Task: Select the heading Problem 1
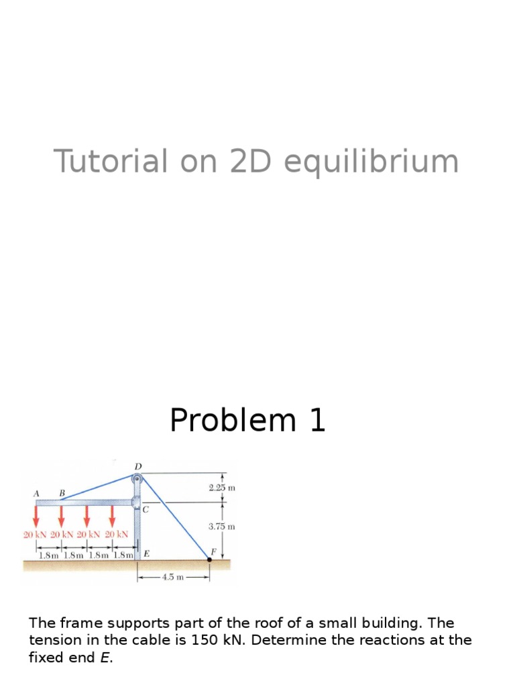247,421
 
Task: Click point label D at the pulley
137,466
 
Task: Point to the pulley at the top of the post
137,478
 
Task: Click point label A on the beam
36,493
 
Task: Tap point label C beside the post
145,510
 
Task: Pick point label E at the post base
147,554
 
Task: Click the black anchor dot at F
210,559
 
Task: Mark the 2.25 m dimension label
222,488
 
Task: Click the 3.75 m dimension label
222,527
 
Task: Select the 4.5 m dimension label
173,577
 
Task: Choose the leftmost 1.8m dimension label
49,555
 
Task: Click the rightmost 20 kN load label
117,535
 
